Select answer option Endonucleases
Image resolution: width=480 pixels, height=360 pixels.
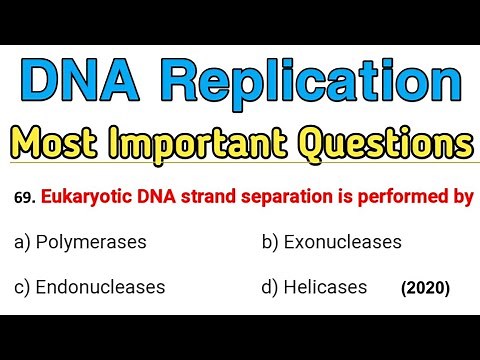[100, 287]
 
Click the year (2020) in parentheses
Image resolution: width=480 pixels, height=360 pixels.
[425, 289]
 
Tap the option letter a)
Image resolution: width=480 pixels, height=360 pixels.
[24, 242]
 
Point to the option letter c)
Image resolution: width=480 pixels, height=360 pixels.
[24, 287]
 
